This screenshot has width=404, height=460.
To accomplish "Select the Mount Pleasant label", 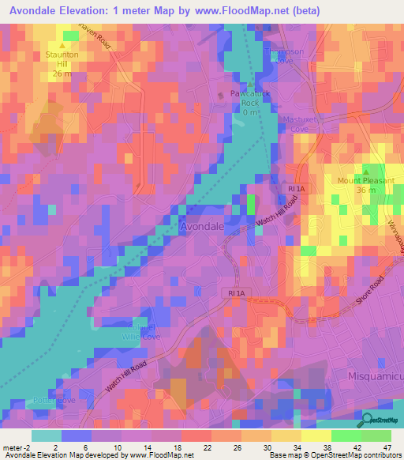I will pyautogui.click(x=366, y=181).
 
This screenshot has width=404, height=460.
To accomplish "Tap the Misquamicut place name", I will pyautogui.click(x=376, y=373).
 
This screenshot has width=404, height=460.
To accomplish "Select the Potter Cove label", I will pyautogui.click(x=54, y=401).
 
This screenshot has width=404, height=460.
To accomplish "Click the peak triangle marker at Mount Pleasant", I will pyautogui.click(x=367, y=171).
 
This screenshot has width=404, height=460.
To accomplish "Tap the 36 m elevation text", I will pyautogui.click(x=366, y=190).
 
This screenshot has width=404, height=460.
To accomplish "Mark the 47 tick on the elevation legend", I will pyautogui.click(x=387, y=447).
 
